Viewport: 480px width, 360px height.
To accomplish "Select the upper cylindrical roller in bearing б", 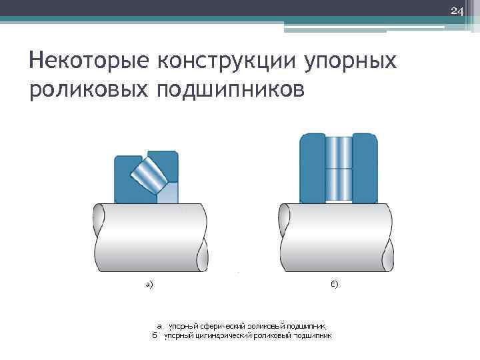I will [339, 153].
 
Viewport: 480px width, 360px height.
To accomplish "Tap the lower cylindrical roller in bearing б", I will [339, 184].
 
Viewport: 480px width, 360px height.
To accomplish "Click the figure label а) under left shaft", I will [149, 285].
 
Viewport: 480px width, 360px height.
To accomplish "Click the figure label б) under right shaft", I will [334, 285].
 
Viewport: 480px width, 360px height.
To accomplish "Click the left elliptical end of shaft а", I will [99, 237].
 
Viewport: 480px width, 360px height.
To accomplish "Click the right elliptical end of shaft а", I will [203, 237].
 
